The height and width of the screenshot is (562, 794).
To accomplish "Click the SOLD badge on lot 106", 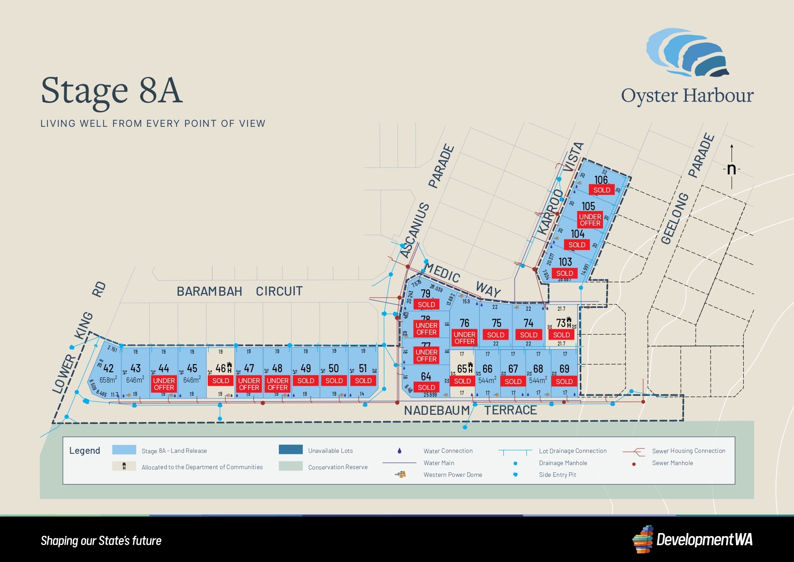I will [602, 190].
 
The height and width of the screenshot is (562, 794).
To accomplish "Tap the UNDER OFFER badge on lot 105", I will [590, 220].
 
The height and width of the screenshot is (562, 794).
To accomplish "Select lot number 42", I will [109, 368].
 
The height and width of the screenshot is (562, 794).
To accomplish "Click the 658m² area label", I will [108, 380].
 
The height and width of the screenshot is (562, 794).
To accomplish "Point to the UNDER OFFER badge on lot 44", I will [164, 384].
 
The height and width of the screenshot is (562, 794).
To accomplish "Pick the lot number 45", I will [192, 368].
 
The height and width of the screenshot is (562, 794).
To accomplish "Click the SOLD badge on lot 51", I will [363, 381].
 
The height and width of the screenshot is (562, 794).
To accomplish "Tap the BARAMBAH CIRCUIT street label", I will [239, 291].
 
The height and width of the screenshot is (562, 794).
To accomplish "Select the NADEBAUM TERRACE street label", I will [470, 410].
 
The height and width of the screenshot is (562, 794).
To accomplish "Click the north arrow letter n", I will [732, 169].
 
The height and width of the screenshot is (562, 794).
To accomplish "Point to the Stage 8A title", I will [112, 91].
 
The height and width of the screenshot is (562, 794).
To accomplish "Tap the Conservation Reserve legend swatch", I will [291, 466].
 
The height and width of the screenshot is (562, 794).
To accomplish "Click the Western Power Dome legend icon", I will [400, 474].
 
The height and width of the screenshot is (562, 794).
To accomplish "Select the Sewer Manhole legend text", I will [672, 463].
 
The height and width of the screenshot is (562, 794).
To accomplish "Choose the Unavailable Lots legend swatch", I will [291, 450].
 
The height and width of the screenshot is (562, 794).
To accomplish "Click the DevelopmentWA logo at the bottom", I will [692, 539].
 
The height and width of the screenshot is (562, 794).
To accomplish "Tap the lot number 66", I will [488, 369].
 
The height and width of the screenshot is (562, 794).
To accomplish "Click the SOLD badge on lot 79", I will [426, 304].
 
